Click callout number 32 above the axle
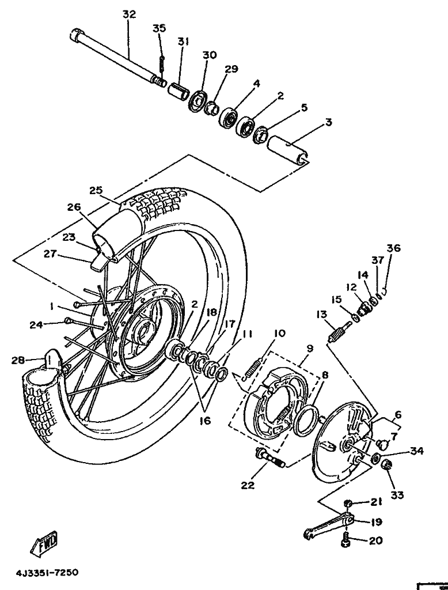coord(129,14)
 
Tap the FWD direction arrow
coord(44,544)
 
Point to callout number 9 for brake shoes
coord(310,349)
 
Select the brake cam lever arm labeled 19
coord(329,525)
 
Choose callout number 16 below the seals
coord(206,421)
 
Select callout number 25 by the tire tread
coord(96,190)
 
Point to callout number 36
coord(394,248)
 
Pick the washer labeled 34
coord(375,459)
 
